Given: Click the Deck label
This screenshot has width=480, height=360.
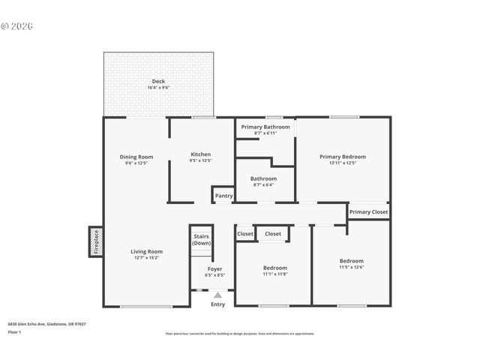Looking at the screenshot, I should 158,81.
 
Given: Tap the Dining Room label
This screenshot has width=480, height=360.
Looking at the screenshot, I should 136,156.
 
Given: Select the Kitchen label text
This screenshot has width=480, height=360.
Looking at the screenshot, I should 200,154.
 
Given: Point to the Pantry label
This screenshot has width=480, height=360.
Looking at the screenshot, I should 224,196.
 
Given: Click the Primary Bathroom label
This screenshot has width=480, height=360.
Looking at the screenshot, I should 265,127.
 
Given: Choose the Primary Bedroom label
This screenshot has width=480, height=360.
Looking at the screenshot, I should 343,157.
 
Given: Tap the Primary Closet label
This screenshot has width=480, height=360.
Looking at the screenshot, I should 369,212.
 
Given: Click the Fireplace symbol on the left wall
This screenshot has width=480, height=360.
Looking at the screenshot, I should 96,242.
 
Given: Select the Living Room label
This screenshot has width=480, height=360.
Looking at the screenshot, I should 147,251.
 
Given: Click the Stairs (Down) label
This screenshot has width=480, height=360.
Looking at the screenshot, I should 201,240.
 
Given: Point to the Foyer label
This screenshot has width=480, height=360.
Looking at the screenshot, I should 215,268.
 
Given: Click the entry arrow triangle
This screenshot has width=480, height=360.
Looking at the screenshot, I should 217,295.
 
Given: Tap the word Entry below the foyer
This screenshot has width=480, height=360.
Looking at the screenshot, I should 217,304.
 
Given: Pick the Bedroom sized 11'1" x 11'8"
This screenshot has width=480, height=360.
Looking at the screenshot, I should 274,268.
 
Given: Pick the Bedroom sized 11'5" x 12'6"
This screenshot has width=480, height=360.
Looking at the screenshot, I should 352,261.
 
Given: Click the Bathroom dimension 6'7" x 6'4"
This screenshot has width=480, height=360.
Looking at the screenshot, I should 263,184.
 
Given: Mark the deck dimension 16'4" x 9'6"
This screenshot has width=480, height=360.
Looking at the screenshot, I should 158,88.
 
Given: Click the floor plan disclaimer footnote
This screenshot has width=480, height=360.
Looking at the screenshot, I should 240,334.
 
